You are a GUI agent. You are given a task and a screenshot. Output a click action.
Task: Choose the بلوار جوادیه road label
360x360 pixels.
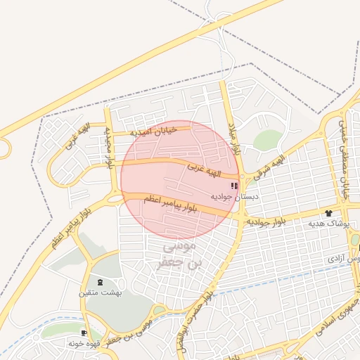pos(265,221)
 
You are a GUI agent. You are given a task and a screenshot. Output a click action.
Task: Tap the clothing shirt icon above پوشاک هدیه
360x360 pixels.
pos(328,212)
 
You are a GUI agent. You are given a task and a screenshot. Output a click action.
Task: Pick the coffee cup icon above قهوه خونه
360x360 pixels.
pos(85,333)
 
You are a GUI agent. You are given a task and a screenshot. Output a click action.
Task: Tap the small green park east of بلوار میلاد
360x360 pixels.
pos(267,140)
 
